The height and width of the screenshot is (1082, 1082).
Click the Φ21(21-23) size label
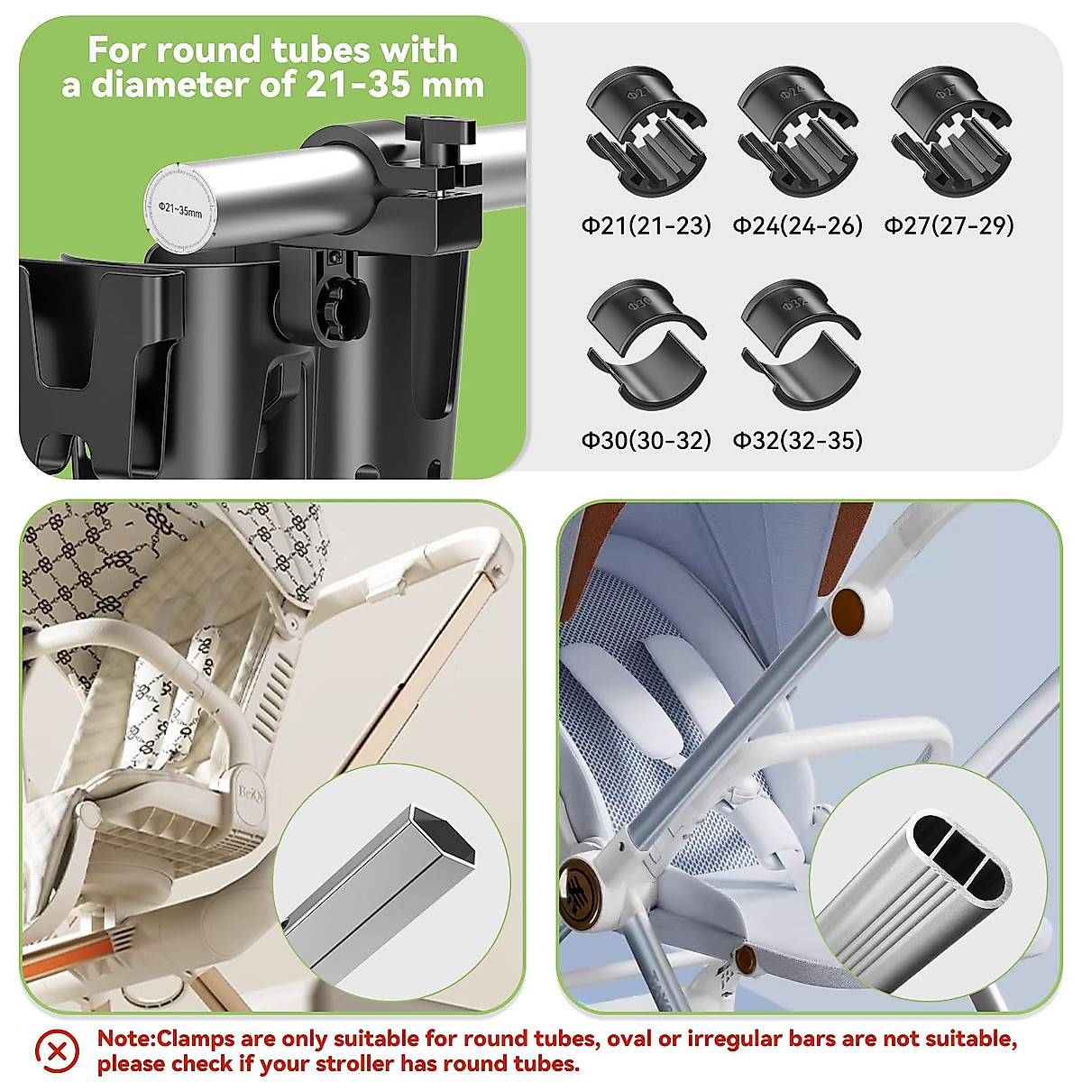coord(646,225)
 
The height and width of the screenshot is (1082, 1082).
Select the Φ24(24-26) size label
coord(797,225)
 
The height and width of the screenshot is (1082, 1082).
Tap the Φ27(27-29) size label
coord(949,225)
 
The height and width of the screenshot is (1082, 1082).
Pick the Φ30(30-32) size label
coord(646,440)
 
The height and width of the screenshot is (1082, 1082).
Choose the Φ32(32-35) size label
coord(797,440)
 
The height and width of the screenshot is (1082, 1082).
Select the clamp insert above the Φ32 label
coord(800,344)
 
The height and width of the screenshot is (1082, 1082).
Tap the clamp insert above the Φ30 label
coord(646,344)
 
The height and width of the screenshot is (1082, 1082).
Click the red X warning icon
coord(57,1051)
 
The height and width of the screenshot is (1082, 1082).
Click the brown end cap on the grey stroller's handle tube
coord(848,611)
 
